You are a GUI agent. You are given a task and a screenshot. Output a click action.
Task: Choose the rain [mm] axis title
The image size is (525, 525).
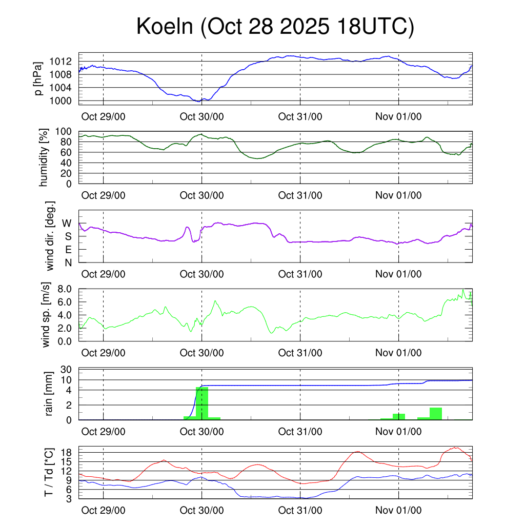point(50,394)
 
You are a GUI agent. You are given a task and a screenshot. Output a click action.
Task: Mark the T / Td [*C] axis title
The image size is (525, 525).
point(49,472)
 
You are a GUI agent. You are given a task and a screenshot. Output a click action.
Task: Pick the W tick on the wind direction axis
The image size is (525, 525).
point(67,223)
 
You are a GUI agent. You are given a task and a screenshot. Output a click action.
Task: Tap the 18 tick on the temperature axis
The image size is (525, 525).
point(69,453)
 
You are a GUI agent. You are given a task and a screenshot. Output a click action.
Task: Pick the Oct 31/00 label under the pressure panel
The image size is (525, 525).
point(300,116)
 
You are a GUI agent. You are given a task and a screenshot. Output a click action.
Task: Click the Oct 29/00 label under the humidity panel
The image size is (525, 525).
point(104,195)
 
